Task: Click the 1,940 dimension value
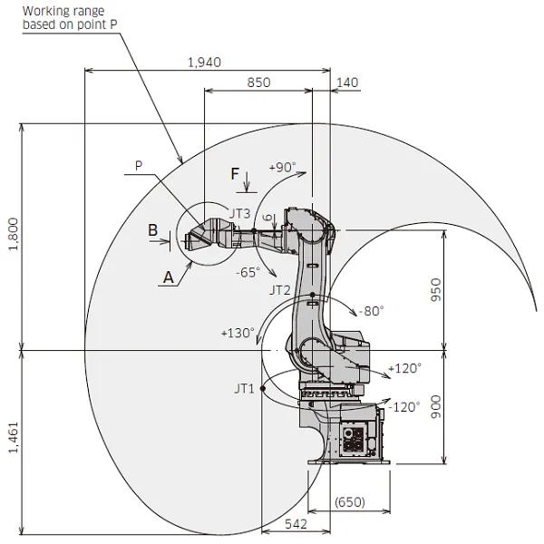(x=204, y=62)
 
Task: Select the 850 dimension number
(x=257, y=82)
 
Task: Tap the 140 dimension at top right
(x=347, y=83)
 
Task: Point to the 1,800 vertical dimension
(x=13, y=237)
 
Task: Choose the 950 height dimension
(x=460, y=289)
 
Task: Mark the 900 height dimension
(x=460, y=405)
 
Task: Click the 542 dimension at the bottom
(x=295, y=524)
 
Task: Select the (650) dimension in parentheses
(x=350, y=501)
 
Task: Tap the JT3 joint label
(x=239, y=213)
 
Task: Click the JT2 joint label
(x=279, y=291)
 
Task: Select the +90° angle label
(x=283, y=168)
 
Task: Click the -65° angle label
(x=248, y=271)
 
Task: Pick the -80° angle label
(x=370, y=310)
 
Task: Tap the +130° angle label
(x=237, y=333)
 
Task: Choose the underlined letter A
(x=167, y=278)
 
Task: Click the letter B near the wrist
(x=153, y=230)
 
